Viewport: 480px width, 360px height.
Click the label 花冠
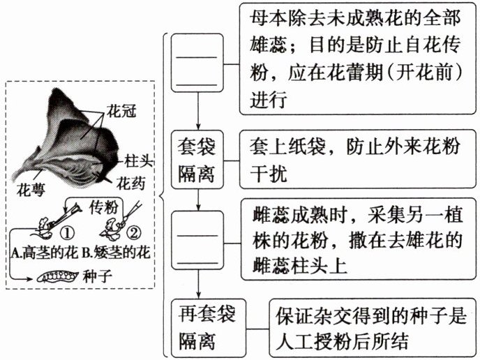pos(123,110)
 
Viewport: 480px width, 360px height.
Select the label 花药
pos(130,183)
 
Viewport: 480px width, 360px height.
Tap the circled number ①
pos(68,230)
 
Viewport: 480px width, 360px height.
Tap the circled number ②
pos(135,230)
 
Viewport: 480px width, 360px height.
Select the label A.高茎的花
pos(43,248)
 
